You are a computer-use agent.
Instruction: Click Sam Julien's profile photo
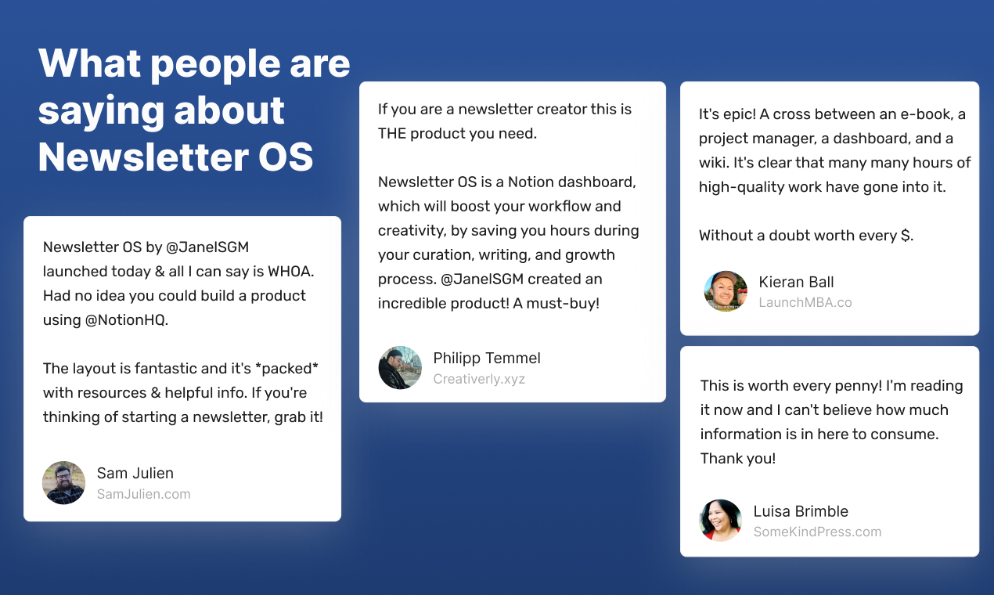(x=63, y=482)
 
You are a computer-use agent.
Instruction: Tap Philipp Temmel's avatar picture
(x=400, y=368)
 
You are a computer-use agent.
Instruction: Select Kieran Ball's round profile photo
(x=726, y=291)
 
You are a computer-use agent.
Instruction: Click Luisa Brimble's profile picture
(x=720, y=521)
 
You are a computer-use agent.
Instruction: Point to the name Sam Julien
(x=135, y=473)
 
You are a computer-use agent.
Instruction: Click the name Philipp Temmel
(x=487, y=358)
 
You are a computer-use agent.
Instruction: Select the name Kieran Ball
(x=796, y=282)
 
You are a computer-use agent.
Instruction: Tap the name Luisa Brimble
(x=801, y=511)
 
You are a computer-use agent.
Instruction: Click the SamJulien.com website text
(x=143, y=494)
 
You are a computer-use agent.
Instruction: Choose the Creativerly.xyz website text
(x=479, y=379)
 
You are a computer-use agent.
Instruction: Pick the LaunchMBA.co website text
(x=805, y=302)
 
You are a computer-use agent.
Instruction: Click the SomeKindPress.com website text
(x=817, y=532)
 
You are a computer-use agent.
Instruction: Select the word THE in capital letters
(x=393, y=133)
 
